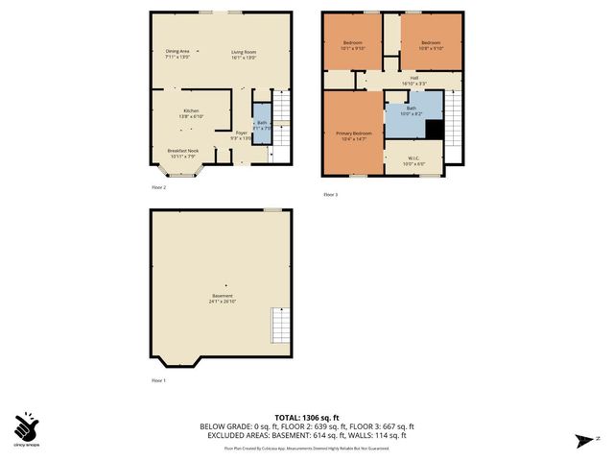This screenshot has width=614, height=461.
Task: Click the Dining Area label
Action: [x=177, y=54]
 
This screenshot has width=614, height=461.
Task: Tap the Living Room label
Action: [x=243, y=54]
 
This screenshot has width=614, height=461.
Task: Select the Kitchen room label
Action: [x=192, y=114]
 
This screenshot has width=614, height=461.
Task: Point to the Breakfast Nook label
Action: [x=182, y=153]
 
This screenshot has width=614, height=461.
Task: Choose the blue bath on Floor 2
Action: [x=262, y=122]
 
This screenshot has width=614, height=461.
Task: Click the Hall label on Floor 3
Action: [x=413, y=81]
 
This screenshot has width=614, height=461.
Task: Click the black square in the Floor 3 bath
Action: [x=435, y=130]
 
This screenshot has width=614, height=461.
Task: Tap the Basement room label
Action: [x=222, y=298]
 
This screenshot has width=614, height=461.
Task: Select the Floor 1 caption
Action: [x=158, y=381]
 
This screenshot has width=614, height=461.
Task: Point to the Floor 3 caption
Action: [x=330, y=195]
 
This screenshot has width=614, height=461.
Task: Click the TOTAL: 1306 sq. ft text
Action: [x=307, y=417]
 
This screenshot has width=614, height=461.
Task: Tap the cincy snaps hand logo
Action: [x=28, y=426]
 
